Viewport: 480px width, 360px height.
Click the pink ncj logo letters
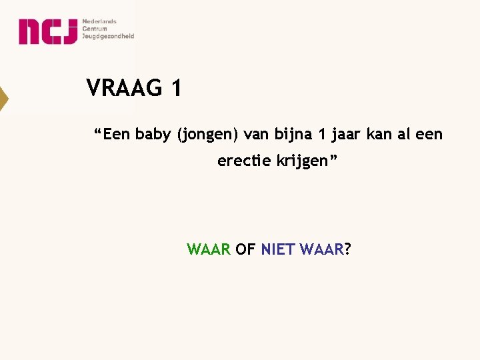click(x=47, y=31)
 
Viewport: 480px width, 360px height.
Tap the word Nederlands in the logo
click(x=99, y=21)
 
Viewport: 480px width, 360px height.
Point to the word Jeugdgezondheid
click(x=108, y=36)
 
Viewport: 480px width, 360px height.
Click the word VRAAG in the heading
click(x=124, y=88)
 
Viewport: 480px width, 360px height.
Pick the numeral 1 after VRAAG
click(x=175, y=88)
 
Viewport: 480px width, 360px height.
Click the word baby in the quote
click(x=153, y=135)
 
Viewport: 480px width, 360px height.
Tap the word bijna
click(x=292, y=135)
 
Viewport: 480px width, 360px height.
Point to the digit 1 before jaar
click(x=321, y=135)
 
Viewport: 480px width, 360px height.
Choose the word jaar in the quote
click(x=346, y=135)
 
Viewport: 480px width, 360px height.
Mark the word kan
click(x=381, y=135)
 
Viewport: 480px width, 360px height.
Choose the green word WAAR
click(x=209, y=250)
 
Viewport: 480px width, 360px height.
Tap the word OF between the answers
click(x=245, y=250)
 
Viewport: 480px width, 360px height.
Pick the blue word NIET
click(x=278, y=250)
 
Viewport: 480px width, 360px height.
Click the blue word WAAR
click(x=323, y=250)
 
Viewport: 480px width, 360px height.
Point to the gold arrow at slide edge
click(x=3, y=99)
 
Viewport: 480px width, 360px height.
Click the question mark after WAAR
click(x=349, y=250)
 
